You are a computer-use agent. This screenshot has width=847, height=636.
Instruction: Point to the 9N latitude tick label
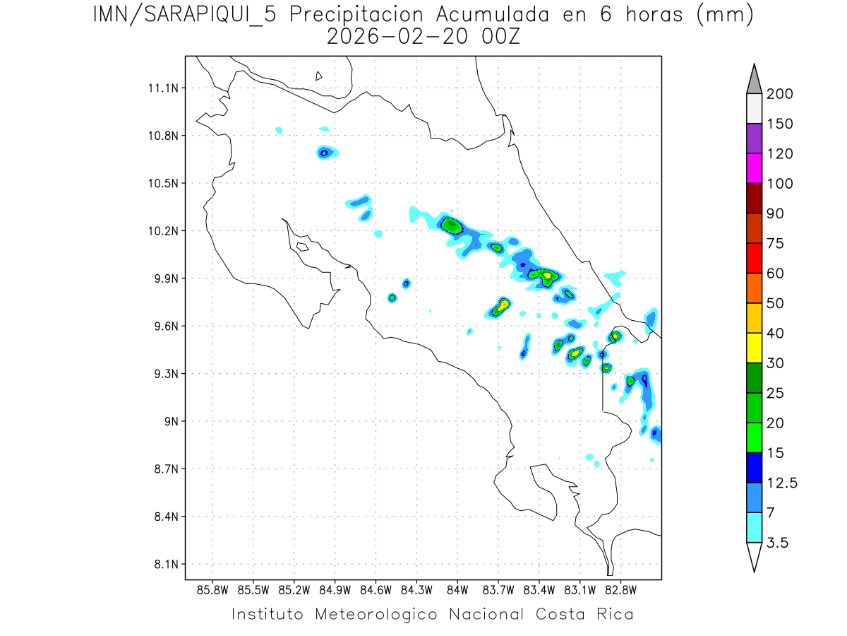pos(170,422)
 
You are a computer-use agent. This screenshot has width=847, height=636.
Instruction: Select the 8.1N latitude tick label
pos(164,565)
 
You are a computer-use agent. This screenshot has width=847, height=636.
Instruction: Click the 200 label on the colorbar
pos(780,94)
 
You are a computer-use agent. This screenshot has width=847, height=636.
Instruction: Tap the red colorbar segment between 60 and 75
pos(754,258)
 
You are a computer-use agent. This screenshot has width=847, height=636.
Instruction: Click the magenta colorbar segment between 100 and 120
pos(754,168)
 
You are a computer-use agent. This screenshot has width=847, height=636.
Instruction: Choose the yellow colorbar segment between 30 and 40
pos(754,348)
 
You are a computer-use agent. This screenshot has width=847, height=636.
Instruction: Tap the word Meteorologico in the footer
pos(380,614)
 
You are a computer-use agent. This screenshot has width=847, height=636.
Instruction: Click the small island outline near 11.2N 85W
pos(319,76)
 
